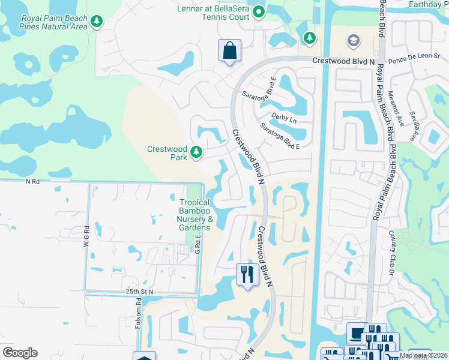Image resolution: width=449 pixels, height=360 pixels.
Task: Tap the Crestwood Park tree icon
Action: point(196,153)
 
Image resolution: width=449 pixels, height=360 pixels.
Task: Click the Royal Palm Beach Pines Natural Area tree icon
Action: point(96,22)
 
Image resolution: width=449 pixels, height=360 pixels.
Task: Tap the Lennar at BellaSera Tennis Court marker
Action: point(259,11)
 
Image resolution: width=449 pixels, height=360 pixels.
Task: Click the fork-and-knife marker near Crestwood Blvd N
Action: point(247,275)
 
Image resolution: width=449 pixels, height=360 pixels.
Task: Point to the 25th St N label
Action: point(140,291)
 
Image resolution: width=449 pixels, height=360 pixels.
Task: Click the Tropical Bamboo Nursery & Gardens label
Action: point(195,215)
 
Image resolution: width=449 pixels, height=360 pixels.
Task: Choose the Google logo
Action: point(20,352)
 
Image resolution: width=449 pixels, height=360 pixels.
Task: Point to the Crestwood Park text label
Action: point(167,153)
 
